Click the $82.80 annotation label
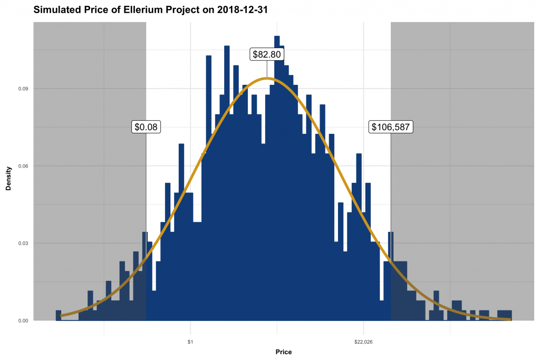[267, 54]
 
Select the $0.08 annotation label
[146, 127]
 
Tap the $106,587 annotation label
[391, 127]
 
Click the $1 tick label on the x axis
[190, 342]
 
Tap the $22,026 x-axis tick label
[363, 342]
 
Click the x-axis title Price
[283, 352]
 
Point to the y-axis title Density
[8, 180]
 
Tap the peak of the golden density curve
[267, 79]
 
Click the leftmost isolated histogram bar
[59, 315]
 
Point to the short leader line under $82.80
[267, 69]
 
